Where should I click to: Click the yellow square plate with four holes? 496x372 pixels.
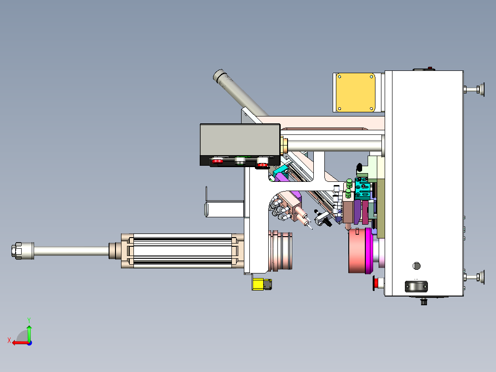(355, 93)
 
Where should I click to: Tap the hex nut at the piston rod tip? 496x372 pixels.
(17, 251)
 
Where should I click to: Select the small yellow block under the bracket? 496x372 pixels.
(258, 284)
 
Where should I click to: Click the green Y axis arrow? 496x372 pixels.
(29, 332)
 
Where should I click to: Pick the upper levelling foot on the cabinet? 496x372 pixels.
(474, 90)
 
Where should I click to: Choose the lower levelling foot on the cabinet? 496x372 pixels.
(474, 277)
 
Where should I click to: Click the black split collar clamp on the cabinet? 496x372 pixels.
(416, 286)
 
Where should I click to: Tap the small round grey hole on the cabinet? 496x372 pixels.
(416, 266)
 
